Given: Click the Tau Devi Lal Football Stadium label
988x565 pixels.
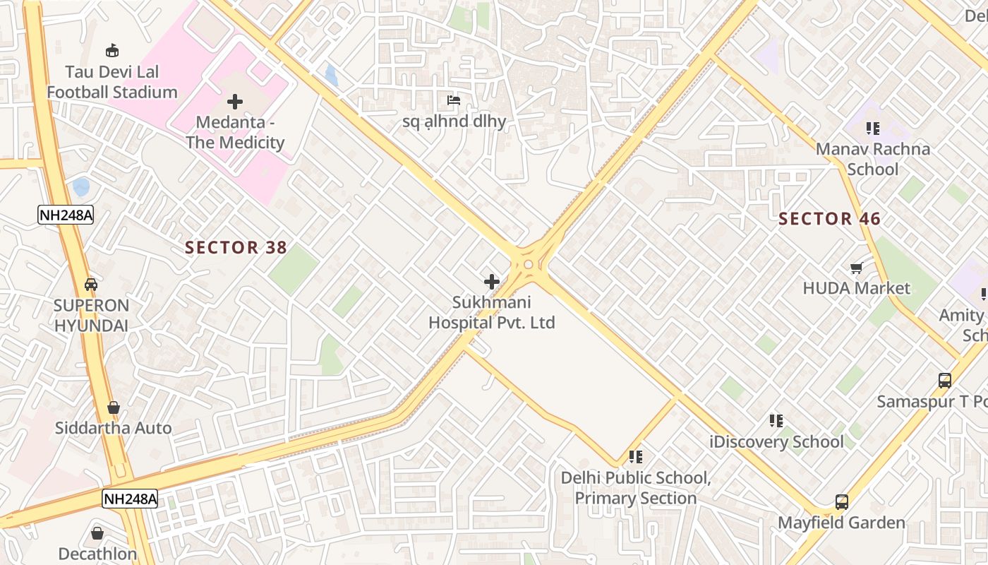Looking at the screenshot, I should pyautogui.click(x=112, y=82).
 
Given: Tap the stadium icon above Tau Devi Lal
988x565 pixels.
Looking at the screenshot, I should pyautogui.click(x=112, y=50).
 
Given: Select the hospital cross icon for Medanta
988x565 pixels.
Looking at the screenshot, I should pyautogui.click(x=235, y=102).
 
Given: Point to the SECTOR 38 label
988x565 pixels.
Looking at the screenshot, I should pyautogui.click(x=236, y=247).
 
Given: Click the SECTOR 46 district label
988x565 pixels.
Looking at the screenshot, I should pyautogui.click(x=829, y=219).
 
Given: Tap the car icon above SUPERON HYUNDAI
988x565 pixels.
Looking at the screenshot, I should pyautogui.click(x=91, y=285).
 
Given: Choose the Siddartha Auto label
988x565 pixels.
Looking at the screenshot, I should pyautogui.click(x=113, y=428).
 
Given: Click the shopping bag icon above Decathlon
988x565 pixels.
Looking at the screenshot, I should pyautogui.click(x=97, y=533).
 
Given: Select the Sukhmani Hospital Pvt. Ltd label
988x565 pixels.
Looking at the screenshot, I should pyautogui.click(x=492, y=313).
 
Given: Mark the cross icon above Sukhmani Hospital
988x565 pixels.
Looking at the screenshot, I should pyautogui.click(x=492, y=282).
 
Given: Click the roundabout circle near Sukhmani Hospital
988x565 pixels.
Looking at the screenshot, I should pyautogui.click(x=528, y=264).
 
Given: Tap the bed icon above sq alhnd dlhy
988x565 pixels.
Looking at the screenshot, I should pyautogui.click(x=454, y=100).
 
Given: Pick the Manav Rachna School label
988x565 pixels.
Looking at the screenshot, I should pyautogui.click(x=873, y=159).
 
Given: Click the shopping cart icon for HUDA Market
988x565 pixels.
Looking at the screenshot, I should pyautogui.click(x=857, y=268).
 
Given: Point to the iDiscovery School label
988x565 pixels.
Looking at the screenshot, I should pyautogui.click(x=776, y=442).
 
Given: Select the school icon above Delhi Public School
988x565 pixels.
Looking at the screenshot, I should pyautogui.click(x=636, y=457).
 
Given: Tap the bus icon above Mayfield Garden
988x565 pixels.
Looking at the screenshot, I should pyautogui.click(x=842, y=502).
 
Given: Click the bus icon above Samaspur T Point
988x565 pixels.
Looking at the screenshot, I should pyautogui.click(x=945, y=380).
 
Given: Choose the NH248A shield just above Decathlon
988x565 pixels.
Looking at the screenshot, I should pyautogui.click(x=130, y=499).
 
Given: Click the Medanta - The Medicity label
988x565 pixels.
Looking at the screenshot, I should pyautogui.click(x=235, y=132).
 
